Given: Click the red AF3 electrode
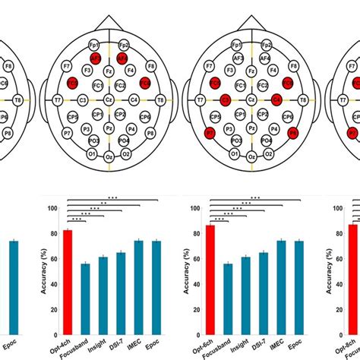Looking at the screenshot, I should click(x=95, y=57).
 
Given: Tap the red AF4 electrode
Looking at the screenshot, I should click(x=123, y=57).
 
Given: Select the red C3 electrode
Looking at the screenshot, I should click(x=226, y=99).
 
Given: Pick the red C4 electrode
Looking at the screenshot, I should click(x=276, y=99).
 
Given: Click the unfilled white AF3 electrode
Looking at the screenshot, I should click(x=238, y=57).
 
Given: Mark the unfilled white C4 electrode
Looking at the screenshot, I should click(x=134, y=99).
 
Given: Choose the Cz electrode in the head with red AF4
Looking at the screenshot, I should click(x=109, y=99).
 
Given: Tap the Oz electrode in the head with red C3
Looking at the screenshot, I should click(x=251, y=156).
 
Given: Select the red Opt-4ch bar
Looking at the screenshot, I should click(x=68, y=281).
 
